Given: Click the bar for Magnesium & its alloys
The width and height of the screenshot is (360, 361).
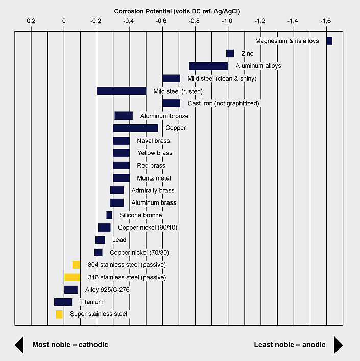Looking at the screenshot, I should [x=329, y=41].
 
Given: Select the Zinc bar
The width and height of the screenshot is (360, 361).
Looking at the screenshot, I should [x=230, y=53].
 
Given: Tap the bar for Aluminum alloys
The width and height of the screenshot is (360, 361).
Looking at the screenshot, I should [x=208, y=66].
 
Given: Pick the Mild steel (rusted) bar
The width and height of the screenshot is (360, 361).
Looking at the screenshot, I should [x=122, y=91].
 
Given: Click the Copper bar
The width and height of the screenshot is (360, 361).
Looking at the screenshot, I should [x=136, y=128].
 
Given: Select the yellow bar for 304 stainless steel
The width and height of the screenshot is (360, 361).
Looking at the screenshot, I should [x=76, y=265].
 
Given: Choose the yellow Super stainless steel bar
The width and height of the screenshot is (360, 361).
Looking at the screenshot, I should [x=59, y=314].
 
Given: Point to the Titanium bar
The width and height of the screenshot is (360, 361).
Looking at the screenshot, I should [x=63, y=302].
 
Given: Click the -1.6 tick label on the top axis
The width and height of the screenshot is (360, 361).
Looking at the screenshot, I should [x=325, y=21].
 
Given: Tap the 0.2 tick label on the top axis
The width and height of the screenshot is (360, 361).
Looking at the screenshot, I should [x=31, y=21].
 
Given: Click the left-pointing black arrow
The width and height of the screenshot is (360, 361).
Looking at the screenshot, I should [x=19, y=345].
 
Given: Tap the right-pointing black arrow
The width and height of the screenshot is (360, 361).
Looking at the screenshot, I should [x=338, y=345].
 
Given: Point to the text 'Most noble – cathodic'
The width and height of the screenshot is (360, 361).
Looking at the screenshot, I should [x=70, y=345].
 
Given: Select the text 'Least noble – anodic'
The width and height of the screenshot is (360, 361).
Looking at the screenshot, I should [x=290, y=345].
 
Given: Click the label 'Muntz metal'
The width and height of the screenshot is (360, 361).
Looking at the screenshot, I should [x=154, y=178].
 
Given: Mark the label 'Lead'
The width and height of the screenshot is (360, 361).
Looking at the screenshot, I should [x=119, y=240].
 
